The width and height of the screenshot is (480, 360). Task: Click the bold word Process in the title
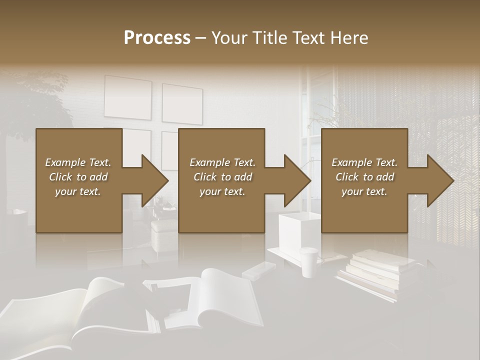157,38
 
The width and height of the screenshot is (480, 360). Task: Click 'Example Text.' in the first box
78,162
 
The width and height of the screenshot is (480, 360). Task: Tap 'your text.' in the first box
78,191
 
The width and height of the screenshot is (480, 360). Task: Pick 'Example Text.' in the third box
364,162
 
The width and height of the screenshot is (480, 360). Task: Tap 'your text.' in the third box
364,191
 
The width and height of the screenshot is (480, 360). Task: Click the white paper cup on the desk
309,261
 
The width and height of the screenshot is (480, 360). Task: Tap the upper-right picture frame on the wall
182,103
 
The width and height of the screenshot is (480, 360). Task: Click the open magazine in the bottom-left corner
75,315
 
